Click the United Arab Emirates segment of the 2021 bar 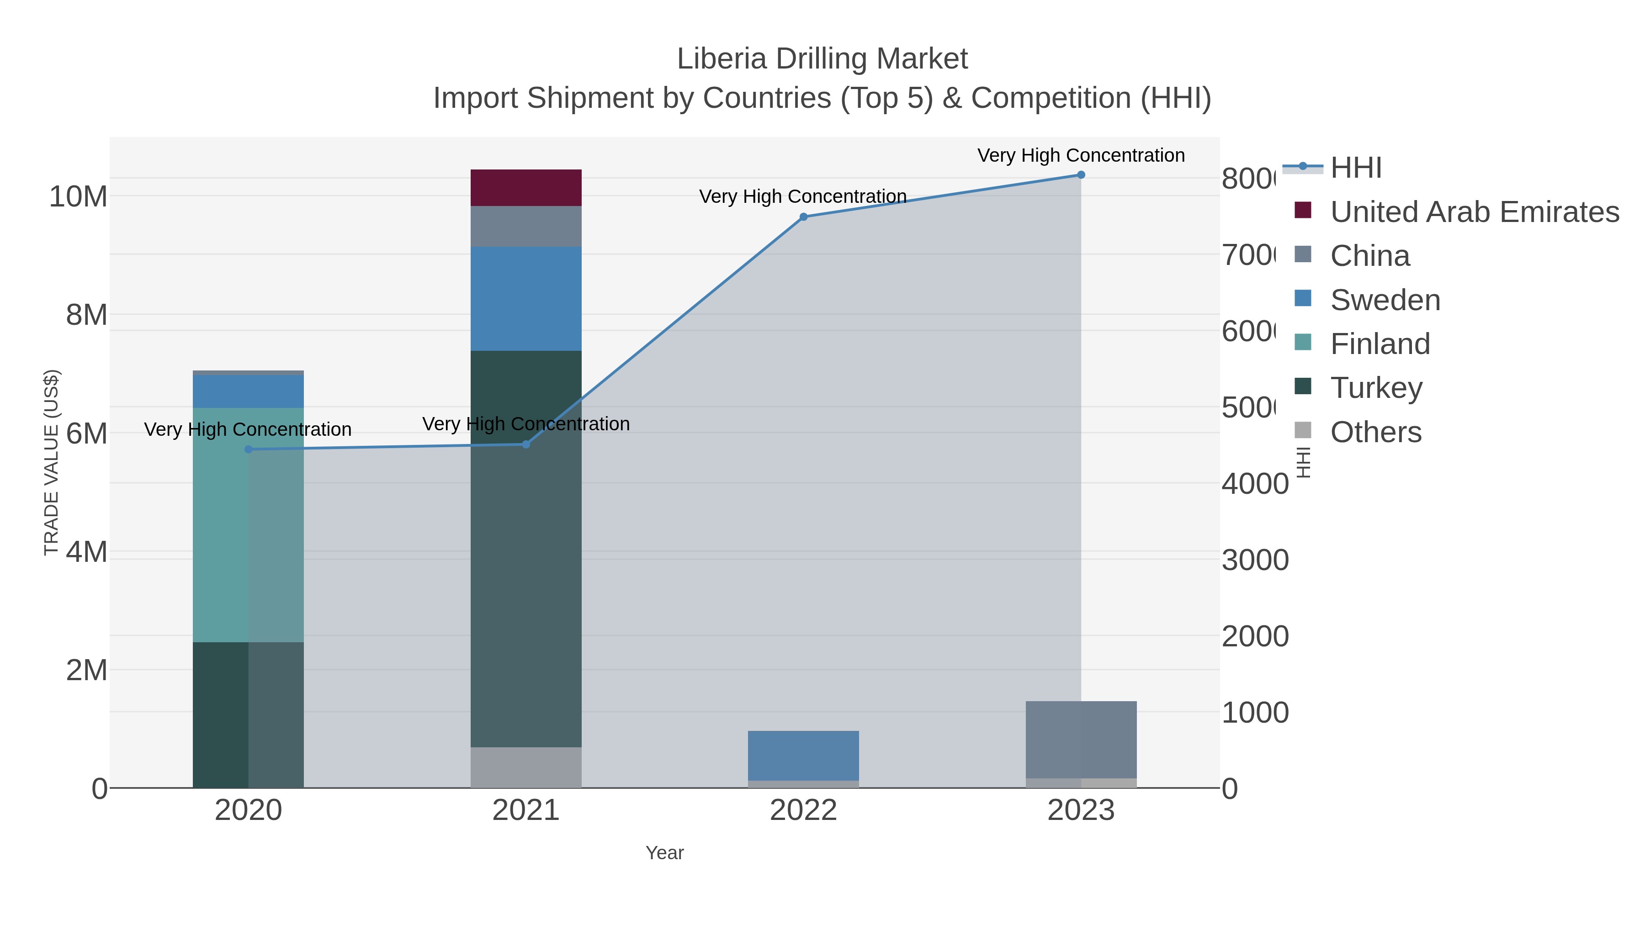[x=525, y=188]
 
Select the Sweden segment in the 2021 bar [x=525, y=299]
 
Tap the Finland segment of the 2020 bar [x=248, y=525]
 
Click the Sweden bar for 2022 [x=803, y=755]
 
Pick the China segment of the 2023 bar [x=1081, y=739]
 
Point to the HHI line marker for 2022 [x=803, y=217]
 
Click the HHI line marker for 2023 [x=1081, y=175]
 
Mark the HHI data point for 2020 [x=249, y=449]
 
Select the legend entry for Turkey [x=1376, y=387]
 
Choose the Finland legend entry [x=1380, y=344]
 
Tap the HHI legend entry [x=1355, y=168]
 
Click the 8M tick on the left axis [x=87, y=315]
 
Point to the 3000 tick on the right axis [x=1255, y=560]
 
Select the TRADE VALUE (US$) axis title [x=51, y=463]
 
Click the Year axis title [x=664, y=853]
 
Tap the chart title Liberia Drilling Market [x=822, y=59]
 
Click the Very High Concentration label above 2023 [x=1081, y=155]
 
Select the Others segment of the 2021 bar [x=525, y=767]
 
